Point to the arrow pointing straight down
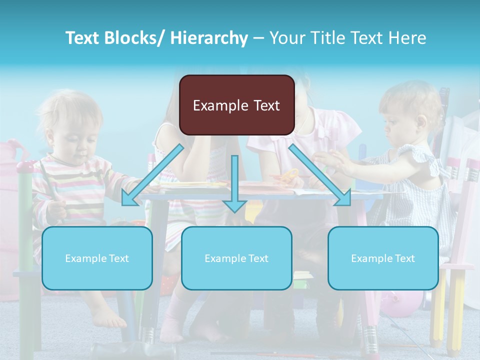click(x=234, y=185)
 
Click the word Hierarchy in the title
click(x=209, y=38)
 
